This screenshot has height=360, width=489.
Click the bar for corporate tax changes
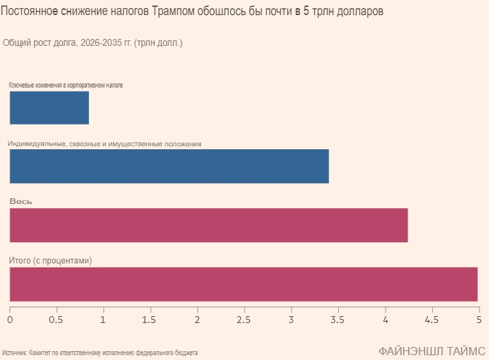(49, 107)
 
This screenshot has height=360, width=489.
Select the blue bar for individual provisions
(169, 166)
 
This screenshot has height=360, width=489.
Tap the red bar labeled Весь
(209, 225)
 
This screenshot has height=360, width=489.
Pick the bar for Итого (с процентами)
(243, 284)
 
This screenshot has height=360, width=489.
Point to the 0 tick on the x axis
(10, 320)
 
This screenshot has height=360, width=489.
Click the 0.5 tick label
(56, 320)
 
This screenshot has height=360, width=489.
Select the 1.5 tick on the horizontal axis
(150, 320)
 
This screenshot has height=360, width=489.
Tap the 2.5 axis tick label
(244, 320)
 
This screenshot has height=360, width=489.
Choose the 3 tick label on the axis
(290, 320)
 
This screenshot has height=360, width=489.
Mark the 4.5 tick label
(431, 320)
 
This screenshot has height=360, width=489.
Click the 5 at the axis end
(477, 320)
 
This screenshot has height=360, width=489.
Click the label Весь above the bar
(21, 202)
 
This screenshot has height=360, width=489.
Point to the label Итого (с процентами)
(50, 261)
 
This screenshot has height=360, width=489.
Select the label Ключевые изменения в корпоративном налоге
(66, 85)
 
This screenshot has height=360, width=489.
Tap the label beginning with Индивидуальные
(104, 144)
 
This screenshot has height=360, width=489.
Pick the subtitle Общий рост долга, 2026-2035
(92, 43)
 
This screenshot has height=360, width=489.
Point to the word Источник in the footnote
(14, 352)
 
